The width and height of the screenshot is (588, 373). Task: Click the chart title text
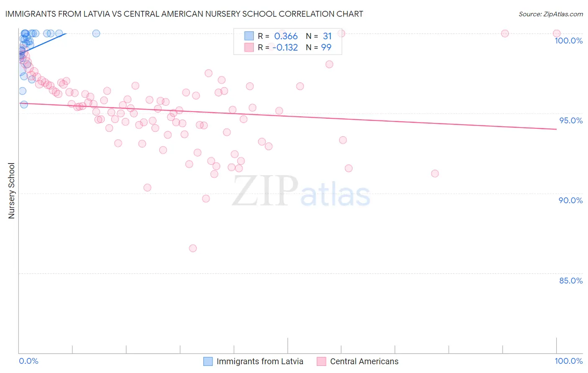184,14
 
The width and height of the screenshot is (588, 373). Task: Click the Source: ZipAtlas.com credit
550,14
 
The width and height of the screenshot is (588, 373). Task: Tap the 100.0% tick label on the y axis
568,41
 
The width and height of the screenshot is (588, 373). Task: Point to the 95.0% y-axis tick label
571,120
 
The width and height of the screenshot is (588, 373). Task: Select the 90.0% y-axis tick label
570,200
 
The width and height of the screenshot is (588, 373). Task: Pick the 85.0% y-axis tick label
571,281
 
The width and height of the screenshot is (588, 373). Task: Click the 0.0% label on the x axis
28,361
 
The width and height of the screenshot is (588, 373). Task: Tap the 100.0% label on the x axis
568,361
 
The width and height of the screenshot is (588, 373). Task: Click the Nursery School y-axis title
11,190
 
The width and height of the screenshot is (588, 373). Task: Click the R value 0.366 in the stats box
286,36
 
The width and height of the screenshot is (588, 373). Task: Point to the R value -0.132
285,48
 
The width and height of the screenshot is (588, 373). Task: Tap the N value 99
326,48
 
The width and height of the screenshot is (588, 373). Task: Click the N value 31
327,36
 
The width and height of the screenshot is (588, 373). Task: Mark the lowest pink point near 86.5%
193,248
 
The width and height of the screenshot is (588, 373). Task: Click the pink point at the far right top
557,33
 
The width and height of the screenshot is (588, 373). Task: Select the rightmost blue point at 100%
96,33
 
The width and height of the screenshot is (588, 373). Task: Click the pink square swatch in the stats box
249,47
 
